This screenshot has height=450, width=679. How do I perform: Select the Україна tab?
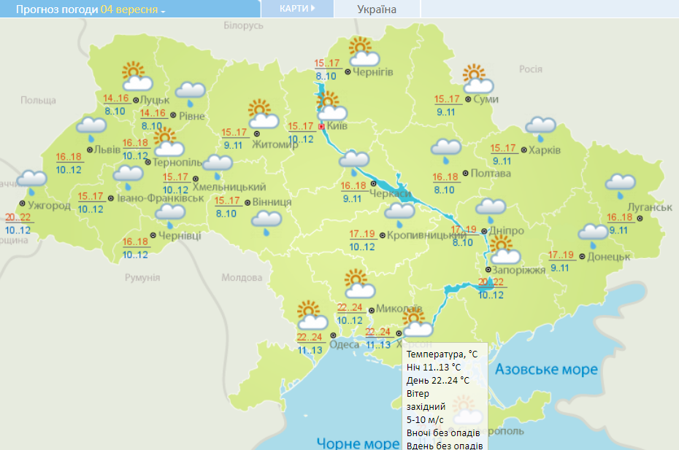377,9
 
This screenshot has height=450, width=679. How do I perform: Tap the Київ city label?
337,126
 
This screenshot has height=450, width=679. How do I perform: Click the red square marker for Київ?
321,126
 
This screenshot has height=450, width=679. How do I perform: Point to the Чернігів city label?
373,72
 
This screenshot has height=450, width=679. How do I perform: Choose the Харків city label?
545,150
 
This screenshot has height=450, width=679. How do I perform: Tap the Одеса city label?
345,344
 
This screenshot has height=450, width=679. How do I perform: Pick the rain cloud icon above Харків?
541,128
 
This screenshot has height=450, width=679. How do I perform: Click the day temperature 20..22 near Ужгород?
18,218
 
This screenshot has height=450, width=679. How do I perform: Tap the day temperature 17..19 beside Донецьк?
561,255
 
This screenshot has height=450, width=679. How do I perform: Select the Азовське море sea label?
546,369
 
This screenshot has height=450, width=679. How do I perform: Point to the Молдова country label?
241,278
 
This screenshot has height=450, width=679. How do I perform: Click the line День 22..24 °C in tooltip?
437,381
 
